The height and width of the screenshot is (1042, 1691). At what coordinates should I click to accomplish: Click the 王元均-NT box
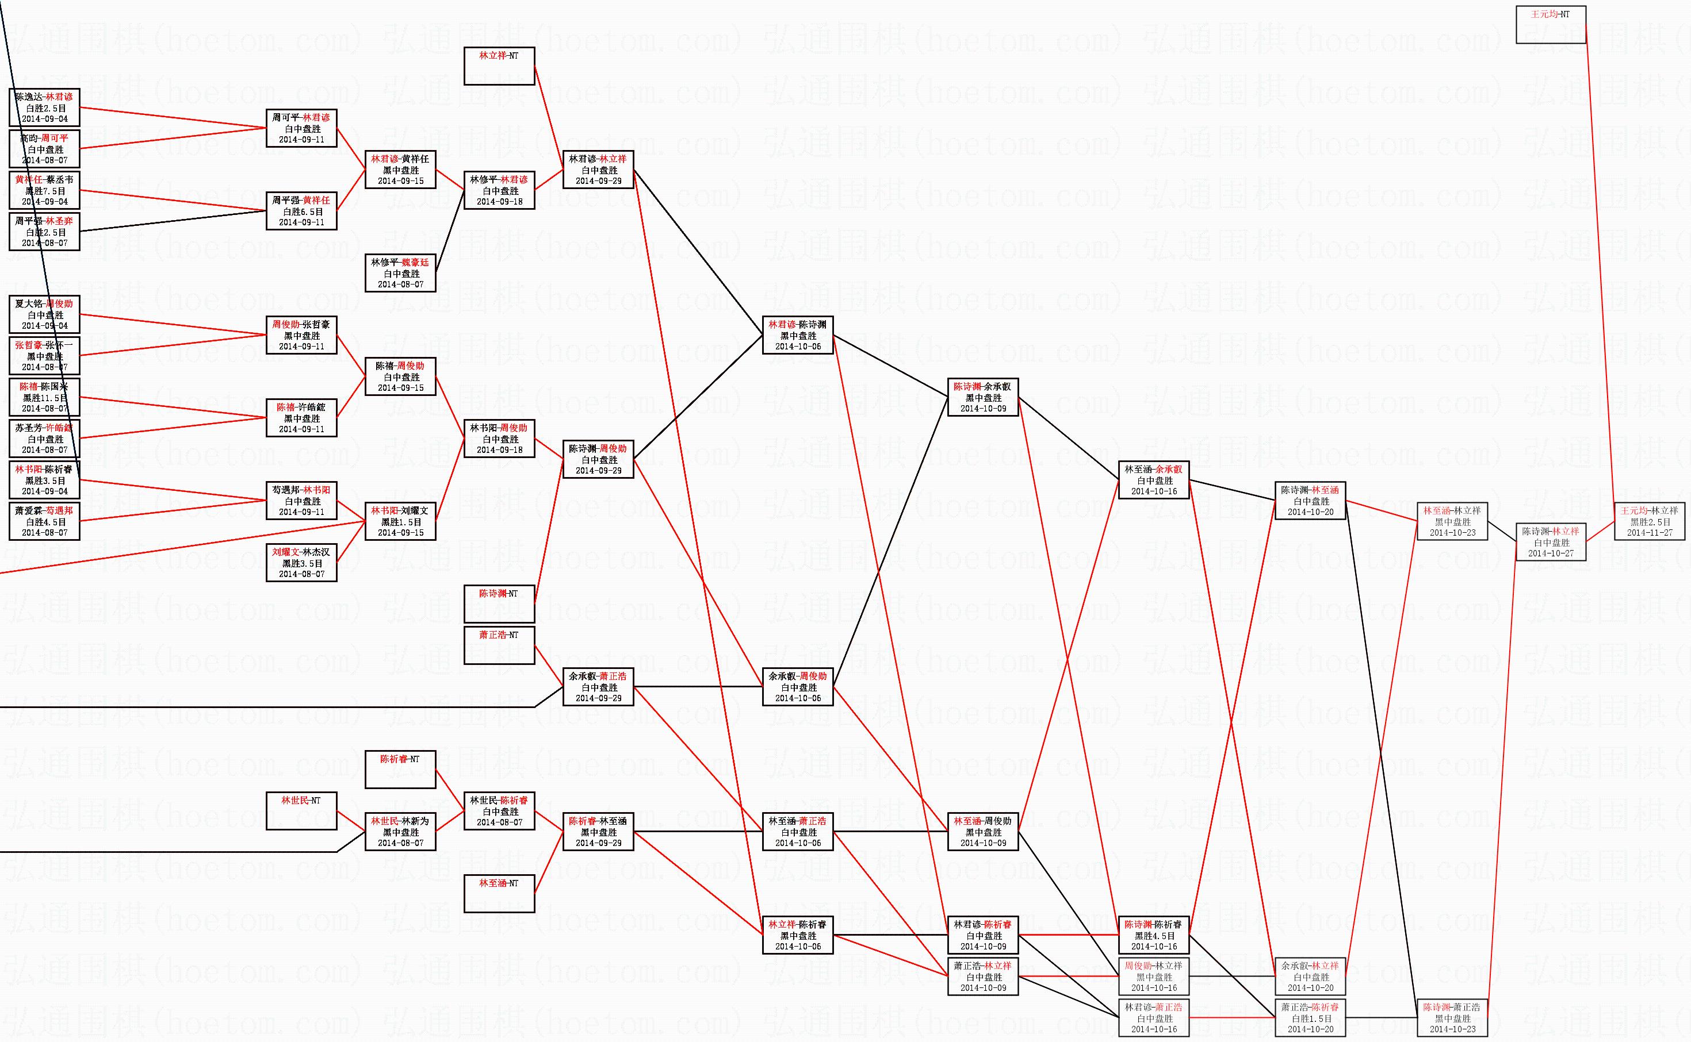coord(1550,25)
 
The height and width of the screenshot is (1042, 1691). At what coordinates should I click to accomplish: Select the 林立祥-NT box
coord(499,66)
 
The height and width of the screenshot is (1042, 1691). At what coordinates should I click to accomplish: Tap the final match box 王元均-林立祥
coord(1649,521)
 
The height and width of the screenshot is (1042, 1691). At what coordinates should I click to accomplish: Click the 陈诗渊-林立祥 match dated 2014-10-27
coord(1550,541)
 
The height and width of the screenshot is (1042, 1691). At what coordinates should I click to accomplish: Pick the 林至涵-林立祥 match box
coord(1452,521)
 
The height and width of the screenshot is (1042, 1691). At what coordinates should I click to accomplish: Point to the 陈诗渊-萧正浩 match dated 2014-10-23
coord(1452,1018)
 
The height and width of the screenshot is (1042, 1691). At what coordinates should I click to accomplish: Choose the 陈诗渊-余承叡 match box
coord(983,397)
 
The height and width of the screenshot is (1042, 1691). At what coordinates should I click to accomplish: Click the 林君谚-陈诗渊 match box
coord(797,335)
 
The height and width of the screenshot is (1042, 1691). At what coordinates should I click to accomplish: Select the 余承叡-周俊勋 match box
coord(797,687)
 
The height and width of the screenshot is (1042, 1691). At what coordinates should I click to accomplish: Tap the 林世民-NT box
coord(301,810)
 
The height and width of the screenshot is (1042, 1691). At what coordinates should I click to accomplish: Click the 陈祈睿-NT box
coord(400,769)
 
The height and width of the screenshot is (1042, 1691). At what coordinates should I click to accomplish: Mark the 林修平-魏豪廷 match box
coord(400,273)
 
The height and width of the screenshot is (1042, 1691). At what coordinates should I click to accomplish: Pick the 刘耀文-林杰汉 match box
coord(301,562)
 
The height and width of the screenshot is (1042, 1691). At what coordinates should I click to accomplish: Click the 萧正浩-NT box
coord(499,645)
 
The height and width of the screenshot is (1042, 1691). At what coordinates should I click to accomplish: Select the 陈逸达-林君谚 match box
coord(44,107)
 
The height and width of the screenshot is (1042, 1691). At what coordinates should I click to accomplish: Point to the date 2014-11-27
coord(1650,533)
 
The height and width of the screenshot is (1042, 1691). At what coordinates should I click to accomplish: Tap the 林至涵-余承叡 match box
coord(1154,480)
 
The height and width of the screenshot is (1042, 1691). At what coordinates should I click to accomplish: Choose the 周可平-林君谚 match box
coord(301,128)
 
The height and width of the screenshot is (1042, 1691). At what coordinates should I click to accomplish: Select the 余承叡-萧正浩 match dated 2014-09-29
coord(598,687)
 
